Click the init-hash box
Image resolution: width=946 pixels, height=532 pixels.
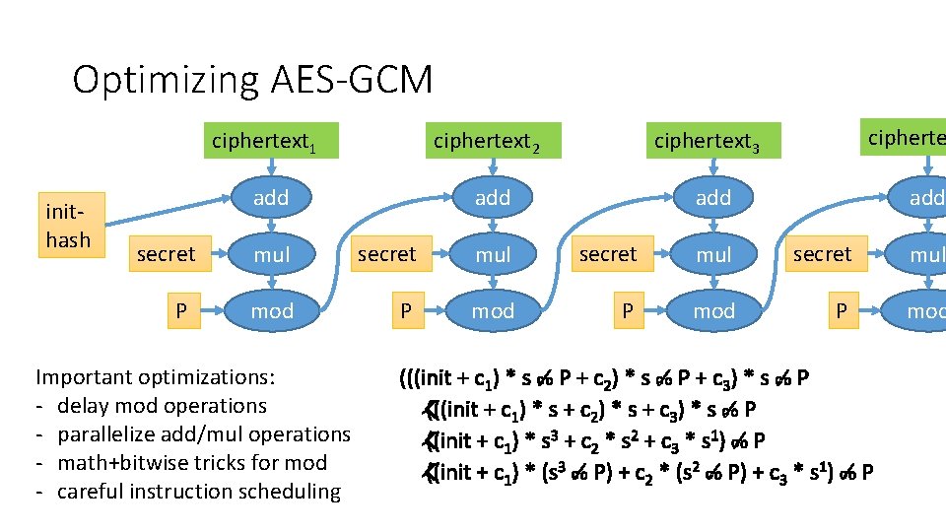pyautogui.click(x=68, y=227)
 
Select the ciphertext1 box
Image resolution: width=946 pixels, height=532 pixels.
pyautogui.click(x=265, y=142)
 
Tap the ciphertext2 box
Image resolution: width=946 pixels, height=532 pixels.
pyautogui.click(x=487, y=142)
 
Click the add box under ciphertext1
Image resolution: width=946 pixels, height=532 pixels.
pyautogui.click(x=271, y=198)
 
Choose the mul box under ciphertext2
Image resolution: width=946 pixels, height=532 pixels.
pyautogui.click(x=493, y=255)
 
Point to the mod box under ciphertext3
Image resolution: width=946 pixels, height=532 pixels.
pyautogui.click(x=713, y=311)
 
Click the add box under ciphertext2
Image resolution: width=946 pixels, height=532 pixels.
pyautogui.click(x=493, y=198)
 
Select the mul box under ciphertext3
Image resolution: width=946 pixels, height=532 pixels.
pyautogui.click(x=713, y=255)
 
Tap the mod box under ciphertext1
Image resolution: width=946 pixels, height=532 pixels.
pyautogui.click(x=271, y=311)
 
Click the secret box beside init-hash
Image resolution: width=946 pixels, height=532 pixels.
pyautogui.click(x=166, y=255)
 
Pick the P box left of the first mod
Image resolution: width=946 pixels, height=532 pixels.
pyautogui.click(x=181, y=311)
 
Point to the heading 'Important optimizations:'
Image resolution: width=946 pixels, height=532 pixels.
pyautogui.click(x=156, y=376)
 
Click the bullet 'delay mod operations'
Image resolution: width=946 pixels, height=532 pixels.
pyautogui.click(x=162, y=405)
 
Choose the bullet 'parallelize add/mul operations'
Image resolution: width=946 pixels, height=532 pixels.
pyautogui.click(x=204, y=433)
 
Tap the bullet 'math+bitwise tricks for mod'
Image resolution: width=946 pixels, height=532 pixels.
pyautogui.click(x=192, y=462)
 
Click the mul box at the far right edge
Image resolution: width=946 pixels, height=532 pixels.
pyautogui.click(x=926, y=255)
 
